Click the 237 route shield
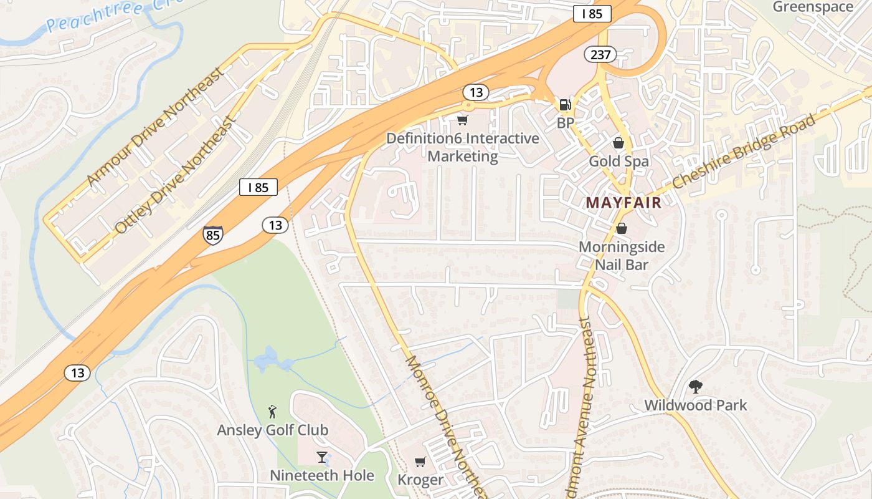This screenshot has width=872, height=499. [600, 54]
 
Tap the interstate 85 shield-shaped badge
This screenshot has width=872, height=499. [212, 235]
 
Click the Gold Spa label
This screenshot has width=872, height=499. [618, 162]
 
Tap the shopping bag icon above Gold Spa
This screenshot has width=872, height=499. [618, 143]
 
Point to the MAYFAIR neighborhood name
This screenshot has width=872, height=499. [623, 202]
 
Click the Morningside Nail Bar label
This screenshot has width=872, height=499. [622, 255]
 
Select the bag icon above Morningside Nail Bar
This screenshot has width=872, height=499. [621, 228]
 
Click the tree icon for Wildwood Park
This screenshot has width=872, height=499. [695, 387]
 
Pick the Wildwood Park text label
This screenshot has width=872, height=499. [695, 405]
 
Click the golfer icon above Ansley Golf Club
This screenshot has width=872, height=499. [272, 411]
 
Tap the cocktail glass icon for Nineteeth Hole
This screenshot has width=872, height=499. [321, 457]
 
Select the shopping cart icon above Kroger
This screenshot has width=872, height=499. [420, 462]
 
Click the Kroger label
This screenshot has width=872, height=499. [420, 480]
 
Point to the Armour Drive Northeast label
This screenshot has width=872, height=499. [155, 127]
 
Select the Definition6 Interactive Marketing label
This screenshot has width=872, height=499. [463, 147]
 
